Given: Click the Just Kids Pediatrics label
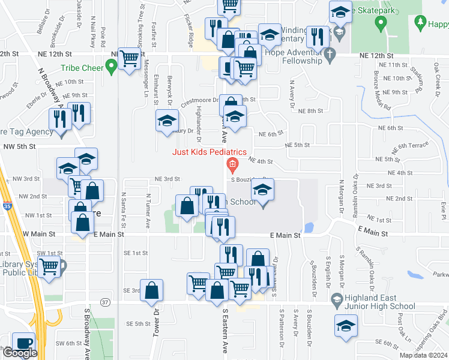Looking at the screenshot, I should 209,151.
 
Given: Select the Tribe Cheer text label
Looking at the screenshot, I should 82,68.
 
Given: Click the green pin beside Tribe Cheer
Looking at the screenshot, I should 111,67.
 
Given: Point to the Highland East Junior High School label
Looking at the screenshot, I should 373,302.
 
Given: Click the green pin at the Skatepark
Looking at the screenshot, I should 379,24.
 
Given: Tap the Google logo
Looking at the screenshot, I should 20,353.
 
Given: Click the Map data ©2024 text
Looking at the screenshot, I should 423,355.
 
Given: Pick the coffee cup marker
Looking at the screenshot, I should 24,343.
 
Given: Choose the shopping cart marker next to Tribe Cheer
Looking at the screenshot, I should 129,59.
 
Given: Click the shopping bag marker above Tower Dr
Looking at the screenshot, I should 152,290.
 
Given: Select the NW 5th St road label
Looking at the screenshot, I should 20,146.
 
